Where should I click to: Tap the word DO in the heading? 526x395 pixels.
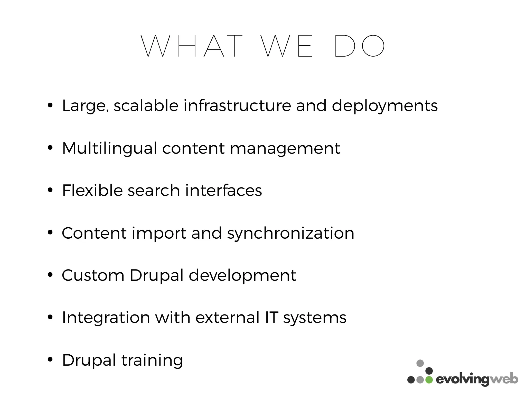360,46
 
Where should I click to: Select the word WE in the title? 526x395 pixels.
287,46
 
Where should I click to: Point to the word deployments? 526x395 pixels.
384,106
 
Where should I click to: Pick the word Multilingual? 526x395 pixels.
109,149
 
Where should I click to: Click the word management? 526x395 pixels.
285,149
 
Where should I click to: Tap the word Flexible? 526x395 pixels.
92,191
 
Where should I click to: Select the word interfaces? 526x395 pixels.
223,191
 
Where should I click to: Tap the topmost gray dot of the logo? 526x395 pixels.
420,363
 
